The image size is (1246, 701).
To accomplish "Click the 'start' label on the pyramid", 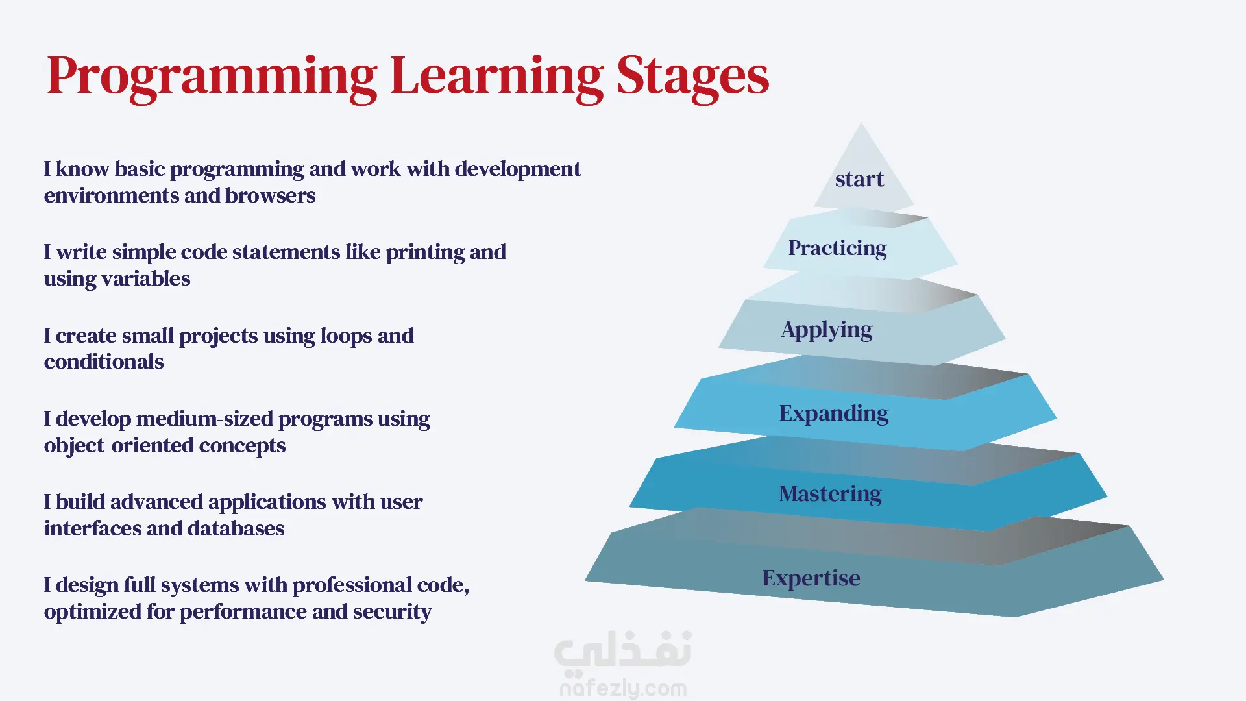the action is pyautogui.click(x=859, y=179).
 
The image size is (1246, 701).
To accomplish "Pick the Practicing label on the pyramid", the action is pyautogui.click(x=837, y=249).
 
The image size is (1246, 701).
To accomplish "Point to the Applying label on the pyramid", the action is pyautogui.click(x=826, y=330).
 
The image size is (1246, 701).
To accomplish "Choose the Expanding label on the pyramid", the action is pyautogui.click(x=834, y=414).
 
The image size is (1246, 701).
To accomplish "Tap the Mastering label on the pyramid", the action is pyautogui.click(x=830, y=495).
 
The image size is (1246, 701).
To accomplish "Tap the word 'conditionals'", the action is pyautogui.click(x=104, y=362).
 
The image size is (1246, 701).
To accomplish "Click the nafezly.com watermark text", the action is pyautogui.click(x=623, y=688).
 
